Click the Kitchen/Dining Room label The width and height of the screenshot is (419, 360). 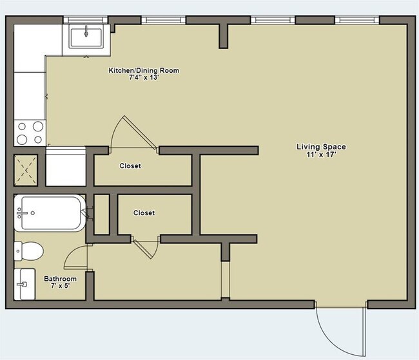pyautogui.click(x=144, y=70)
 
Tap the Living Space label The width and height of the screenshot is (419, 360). pyautogui.click(x=321, y=147)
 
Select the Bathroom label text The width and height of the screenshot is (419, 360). pyautogui.click(x=60, y=279)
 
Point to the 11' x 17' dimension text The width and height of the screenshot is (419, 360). pyautogui.click(x=321, y=155)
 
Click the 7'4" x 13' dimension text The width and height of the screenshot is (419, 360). pyautogui.click(x=144, y=78)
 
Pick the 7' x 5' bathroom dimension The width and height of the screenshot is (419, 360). pyautogui.click(x=61, y=286)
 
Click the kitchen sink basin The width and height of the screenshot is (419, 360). pyautogui.click(x=86, y=38)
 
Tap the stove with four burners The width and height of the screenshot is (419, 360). pyautogui.click(x=30, y=133)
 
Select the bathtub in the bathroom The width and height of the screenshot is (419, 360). pyautogui.click(x=50, y=213)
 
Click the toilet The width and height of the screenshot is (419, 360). pyautogui.click(x=28, y=251)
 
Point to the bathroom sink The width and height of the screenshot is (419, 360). pyautogui.click(x=24, y=284)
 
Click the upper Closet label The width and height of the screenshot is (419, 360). pyautogui.click(x=130, y=166)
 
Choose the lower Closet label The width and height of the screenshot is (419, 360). pyautogui.click(x=144, y=213)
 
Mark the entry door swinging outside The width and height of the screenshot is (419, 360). pyautogui.click(x=340, y=332)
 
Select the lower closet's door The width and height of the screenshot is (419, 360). pyautogui.click(x=145, y=248)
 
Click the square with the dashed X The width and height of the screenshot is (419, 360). pyautogui.click(x=25, y=170)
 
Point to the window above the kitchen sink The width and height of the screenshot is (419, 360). pyautogui.click(x=86, y=20)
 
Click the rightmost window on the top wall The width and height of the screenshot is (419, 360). pyautogui.click(x=357, y=20)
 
